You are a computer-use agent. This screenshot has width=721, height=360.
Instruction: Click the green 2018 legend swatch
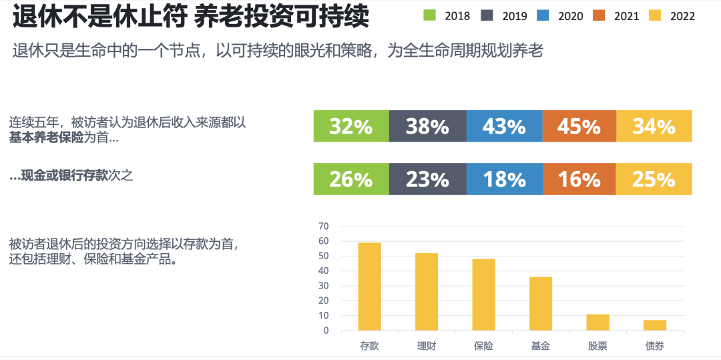[430, 15]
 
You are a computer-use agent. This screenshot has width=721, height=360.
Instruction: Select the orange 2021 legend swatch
[599, 15]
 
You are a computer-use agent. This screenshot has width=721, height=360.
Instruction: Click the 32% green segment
[351, 126]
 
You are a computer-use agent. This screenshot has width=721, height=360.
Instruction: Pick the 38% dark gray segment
[427, 126]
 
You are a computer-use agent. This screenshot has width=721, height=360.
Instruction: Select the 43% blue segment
[505, 126]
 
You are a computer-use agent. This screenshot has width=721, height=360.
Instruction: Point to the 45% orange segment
[579, 126]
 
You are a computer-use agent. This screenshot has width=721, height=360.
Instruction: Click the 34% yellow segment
[654, 126]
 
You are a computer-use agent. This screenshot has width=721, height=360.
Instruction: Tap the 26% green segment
[351, 179]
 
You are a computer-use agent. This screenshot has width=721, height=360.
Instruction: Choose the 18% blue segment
[505, 179]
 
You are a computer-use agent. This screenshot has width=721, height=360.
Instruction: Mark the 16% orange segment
[579, 179]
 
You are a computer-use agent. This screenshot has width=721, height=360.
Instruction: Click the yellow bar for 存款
[369, 287]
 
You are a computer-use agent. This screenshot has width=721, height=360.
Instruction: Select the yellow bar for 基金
[541, 304]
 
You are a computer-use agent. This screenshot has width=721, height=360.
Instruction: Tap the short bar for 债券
[655, 325]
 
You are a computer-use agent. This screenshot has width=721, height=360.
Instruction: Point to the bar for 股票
[597, 323]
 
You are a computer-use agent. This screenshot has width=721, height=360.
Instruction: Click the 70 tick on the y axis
[324, 226]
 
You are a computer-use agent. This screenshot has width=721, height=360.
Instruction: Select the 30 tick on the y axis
[324, 286]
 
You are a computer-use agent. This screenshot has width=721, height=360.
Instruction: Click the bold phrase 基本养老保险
[46, 138]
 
